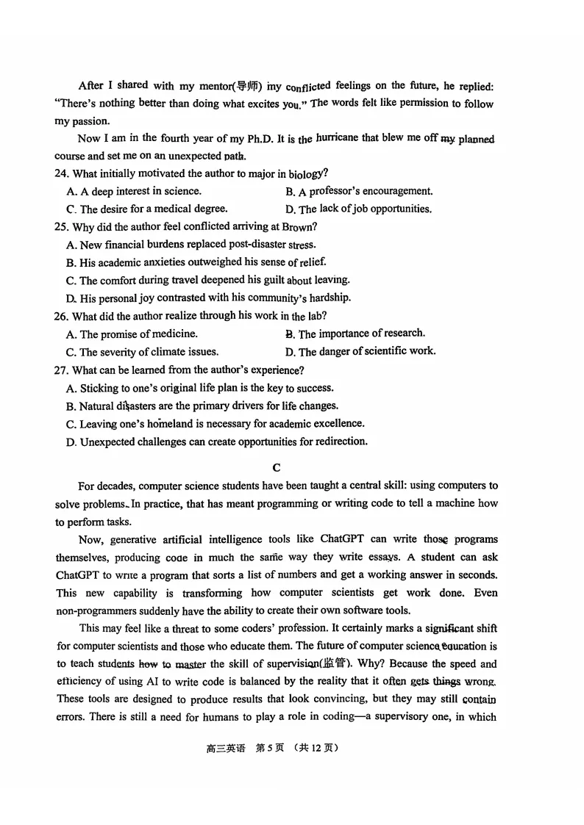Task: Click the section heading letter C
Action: point(277,467)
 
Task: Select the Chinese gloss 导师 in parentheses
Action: point(244,86)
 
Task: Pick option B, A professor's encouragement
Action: point(359,191)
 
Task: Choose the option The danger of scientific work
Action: point(360,351)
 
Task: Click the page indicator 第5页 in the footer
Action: point(269,749)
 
